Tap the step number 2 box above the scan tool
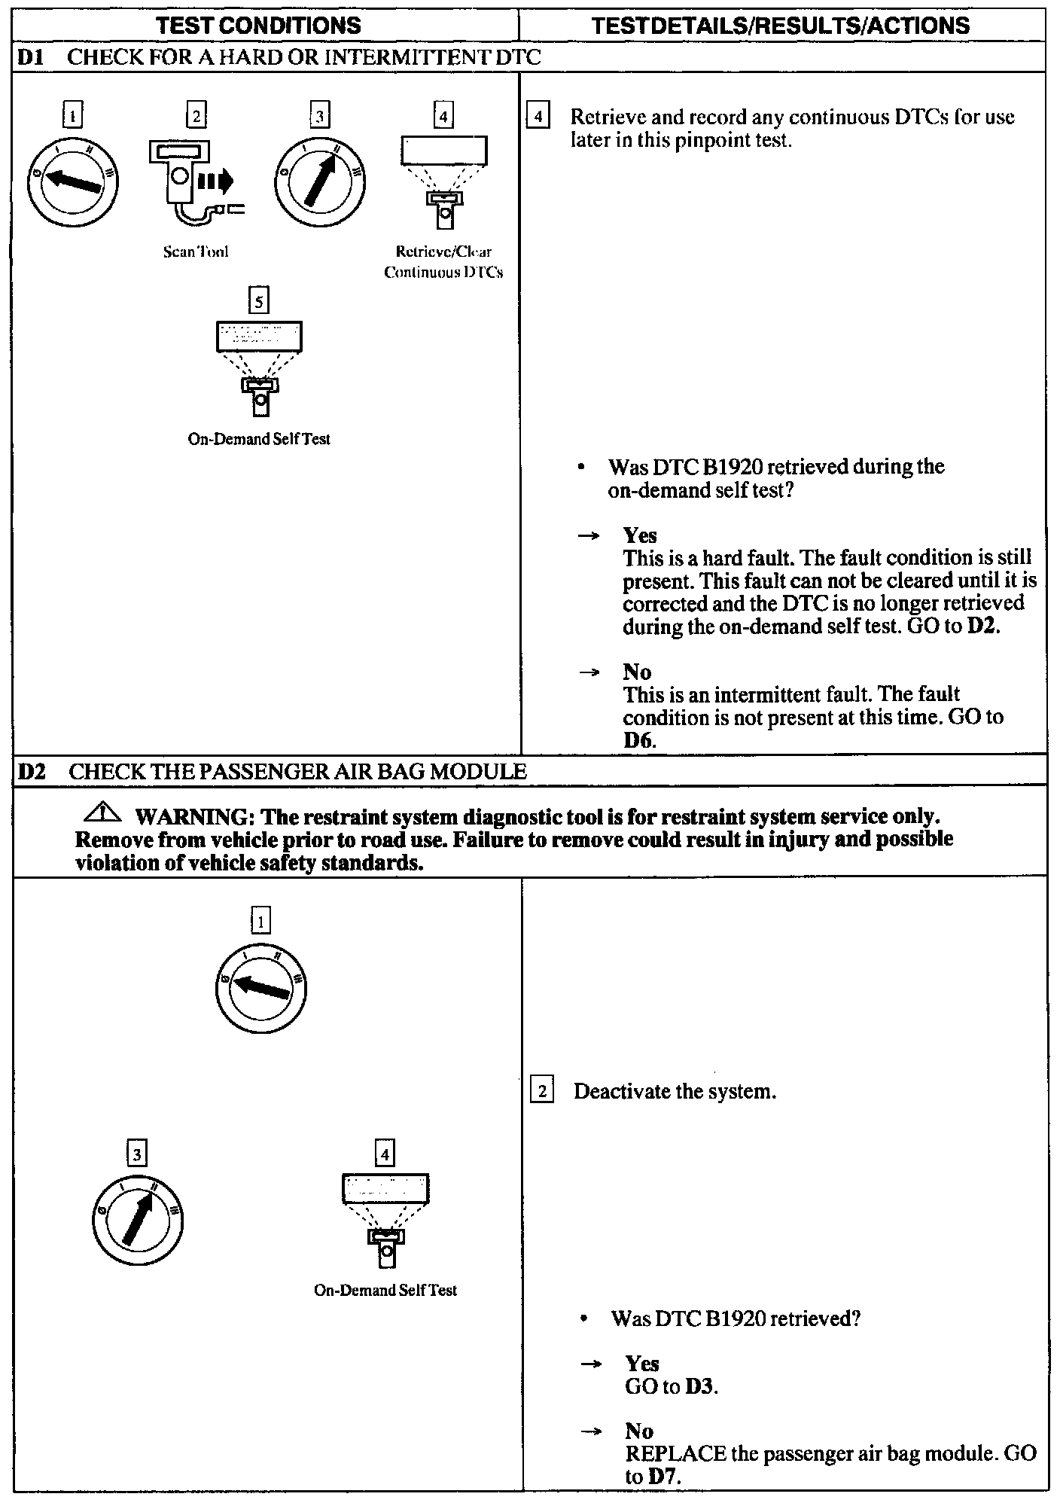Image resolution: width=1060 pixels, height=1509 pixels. (196, 116)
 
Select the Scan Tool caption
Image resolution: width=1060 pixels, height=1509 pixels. (196, 252)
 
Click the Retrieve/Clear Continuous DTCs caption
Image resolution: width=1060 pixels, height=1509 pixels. (443, 262)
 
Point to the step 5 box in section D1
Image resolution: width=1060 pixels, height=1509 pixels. (259, 301)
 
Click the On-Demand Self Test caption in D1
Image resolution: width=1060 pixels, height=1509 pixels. (259, 439)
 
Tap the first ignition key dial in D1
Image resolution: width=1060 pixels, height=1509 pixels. (73, 181)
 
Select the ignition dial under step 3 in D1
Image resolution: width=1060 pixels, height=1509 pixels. (320, 181)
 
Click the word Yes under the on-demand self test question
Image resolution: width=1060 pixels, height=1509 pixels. (640, 535)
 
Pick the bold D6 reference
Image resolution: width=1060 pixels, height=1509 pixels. (639, 740)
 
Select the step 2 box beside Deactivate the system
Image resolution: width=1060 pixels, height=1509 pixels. (542, 1091)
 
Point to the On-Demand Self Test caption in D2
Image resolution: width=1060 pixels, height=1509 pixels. (385, 1290)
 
